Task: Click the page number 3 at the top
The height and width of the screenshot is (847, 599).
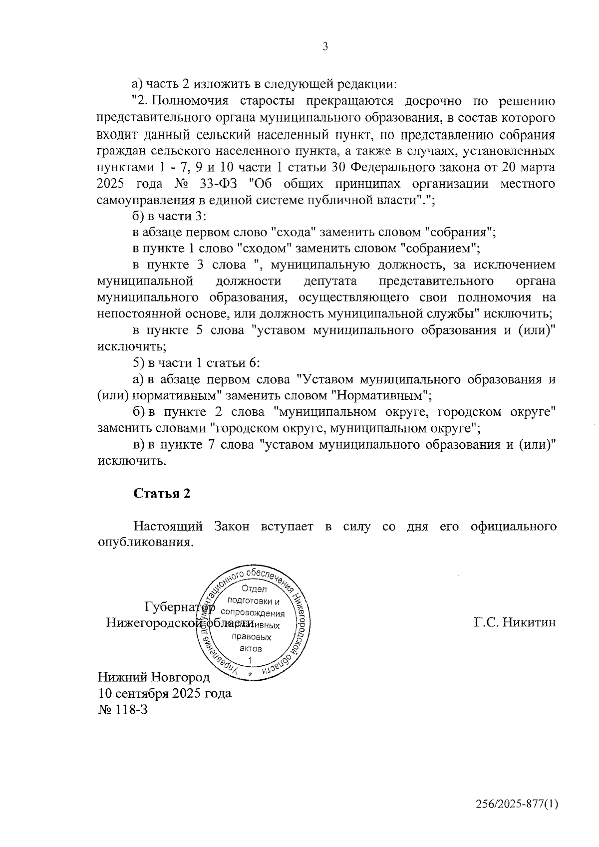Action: [x=325, y=47]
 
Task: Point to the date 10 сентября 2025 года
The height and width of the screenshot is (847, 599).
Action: [x=165, y=693]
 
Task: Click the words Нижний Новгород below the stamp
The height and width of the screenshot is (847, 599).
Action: [x=154, y=677]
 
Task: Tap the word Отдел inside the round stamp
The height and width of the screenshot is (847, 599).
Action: [x=254, y=589]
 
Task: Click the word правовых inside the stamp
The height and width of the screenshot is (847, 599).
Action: [x=254, y=637]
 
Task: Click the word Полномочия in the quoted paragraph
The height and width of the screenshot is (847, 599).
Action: [x=190, y=101]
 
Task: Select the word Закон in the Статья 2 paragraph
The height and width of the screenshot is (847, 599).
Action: [x=232, y=527]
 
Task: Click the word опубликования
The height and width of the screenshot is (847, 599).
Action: [x=145, y=543]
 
